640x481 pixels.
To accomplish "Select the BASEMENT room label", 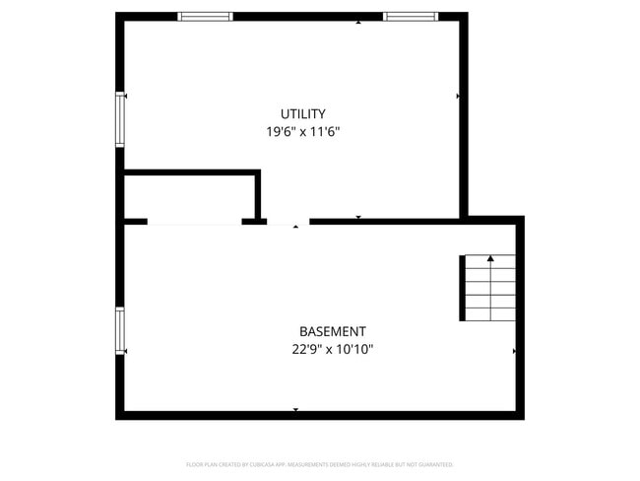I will point(333,331).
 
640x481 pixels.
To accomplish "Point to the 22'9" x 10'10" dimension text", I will point(333,349).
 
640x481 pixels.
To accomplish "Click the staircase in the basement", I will point(488,288).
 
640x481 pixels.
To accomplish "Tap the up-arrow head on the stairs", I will point(490,258).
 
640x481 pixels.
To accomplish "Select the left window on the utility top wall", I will point(205,17).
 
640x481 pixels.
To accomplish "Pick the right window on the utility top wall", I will point(410,17).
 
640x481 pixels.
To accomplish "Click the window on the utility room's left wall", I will point(120,119).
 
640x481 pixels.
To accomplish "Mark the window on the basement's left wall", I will point(120,331).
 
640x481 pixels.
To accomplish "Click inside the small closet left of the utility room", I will point(189,198).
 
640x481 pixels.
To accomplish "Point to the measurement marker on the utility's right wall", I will point(458,97).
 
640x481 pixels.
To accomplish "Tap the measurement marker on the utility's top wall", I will point(357,21).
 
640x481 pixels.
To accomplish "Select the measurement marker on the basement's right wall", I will point(514,351).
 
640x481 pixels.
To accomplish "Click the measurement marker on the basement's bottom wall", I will point(295,409).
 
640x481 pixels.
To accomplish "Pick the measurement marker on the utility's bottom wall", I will point(358,217).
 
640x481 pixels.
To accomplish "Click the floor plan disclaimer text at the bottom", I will point(319,464).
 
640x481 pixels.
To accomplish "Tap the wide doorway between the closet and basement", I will point(194,223).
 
